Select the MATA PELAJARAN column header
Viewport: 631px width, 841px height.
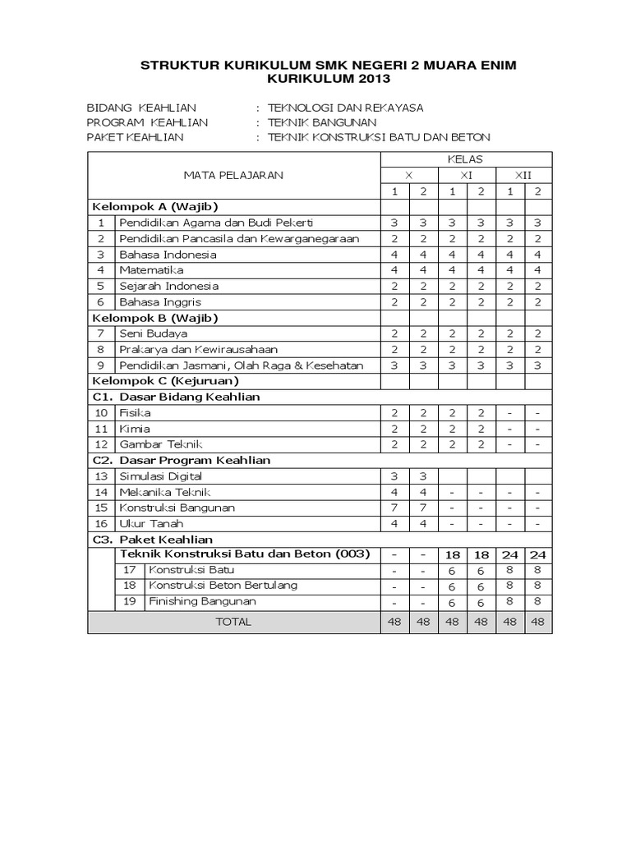pos(234,175)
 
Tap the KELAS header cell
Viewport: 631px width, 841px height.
pos(465,159)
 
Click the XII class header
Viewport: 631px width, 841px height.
pos(523,175)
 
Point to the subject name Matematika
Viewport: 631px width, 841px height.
pos(151,270)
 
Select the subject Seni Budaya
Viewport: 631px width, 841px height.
pos(154,333)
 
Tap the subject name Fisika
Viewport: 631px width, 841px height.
pos(135,413)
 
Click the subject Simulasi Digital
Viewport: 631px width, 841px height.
pos(160,476)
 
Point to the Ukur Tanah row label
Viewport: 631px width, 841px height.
pos(151,523)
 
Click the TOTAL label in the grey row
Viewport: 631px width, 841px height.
pos(233,623)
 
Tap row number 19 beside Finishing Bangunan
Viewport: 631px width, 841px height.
pos(129,601)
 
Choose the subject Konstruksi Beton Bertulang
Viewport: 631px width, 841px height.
pos(223,586)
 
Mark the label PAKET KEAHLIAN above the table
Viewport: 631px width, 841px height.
pos(136,137)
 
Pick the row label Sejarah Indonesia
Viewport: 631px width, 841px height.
pos(168,287)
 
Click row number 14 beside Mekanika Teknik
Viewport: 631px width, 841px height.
pos(101,492)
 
